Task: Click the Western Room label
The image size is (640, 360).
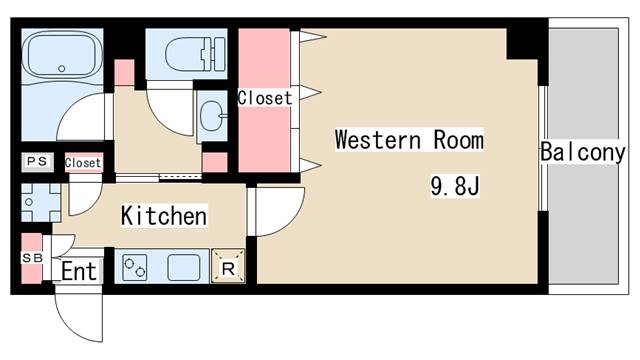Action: [x=409, y=139]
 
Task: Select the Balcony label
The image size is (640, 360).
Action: [x=582, y=153]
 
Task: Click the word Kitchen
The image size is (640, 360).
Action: [x=164, y=215]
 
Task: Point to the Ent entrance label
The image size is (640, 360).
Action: [x=79, y=271]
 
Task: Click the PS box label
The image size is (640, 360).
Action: [x=37, y=161]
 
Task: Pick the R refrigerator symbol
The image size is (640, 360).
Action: [x=228, y=267]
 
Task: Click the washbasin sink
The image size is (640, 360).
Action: [x=212, y=117]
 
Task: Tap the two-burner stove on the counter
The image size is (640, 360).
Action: [x=137, y=267]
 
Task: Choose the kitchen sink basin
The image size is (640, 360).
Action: [x=186, y=267]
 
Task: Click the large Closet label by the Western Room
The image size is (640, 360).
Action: [x=265, y=99]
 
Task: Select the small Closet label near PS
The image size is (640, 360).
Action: [x=83, y=162]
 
